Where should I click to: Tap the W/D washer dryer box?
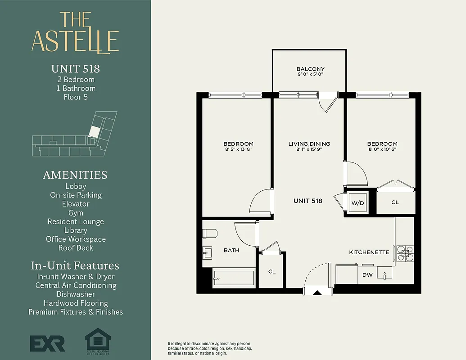coord(357,203)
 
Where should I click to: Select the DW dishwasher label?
coord(367,274)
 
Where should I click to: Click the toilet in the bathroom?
coord(209,234)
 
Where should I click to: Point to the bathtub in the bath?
coord(234,278)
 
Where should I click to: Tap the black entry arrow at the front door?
coord(317,292)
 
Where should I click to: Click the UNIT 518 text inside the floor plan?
coord(308,201)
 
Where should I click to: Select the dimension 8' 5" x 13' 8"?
coord(238,149)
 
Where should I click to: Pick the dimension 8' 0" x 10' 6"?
coord(382,149)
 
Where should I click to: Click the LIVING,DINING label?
coord(309,144)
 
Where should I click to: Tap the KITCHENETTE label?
coord(369,252)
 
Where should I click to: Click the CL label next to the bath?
coord(271,272)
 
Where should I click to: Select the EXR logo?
coord(47,343)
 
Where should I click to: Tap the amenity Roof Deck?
coord(76,248)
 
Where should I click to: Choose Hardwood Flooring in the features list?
coord(76,303)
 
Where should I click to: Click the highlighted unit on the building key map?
coord(93,131)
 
